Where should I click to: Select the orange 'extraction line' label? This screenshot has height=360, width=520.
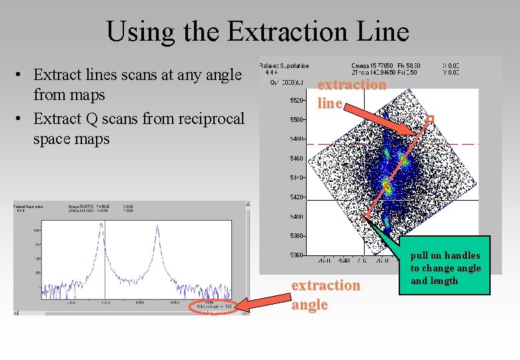pyautogui.click(x=351, y=93)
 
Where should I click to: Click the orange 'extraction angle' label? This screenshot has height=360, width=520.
pyautogui.click(x=325, y=295)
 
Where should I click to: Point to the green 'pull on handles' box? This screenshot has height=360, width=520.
pyautogui.click(x=445, y=268)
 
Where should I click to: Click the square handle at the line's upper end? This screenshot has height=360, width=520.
pyautogui.click(x=430, y=119)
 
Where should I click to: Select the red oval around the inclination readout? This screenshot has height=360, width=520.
pyautogui.click(x=212, y=306)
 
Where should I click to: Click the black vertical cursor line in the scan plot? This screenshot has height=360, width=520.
pyautogui.click(x=105, y=267)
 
